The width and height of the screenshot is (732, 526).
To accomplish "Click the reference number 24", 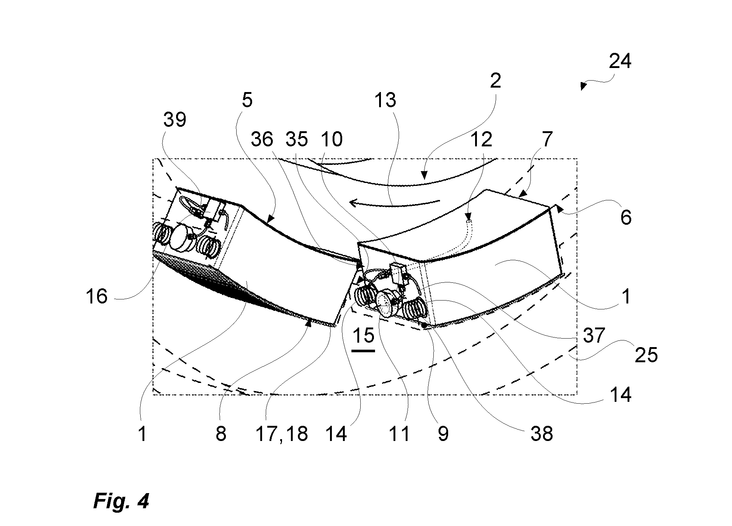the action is pyautogui.click(x=620, y=62).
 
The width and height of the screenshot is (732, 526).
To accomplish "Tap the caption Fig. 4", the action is pyautogui.click(x=121, y=502).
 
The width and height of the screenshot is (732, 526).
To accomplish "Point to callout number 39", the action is pyautogui.click(x=175, y=119).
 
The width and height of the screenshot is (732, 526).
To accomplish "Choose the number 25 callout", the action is pyautogui.click(x=646, y=355).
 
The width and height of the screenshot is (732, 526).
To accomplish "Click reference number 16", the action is pyautogui.click(x=96, y=296).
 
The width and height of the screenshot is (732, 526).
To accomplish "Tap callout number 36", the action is pyautogui.click(x=262, y=139).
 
